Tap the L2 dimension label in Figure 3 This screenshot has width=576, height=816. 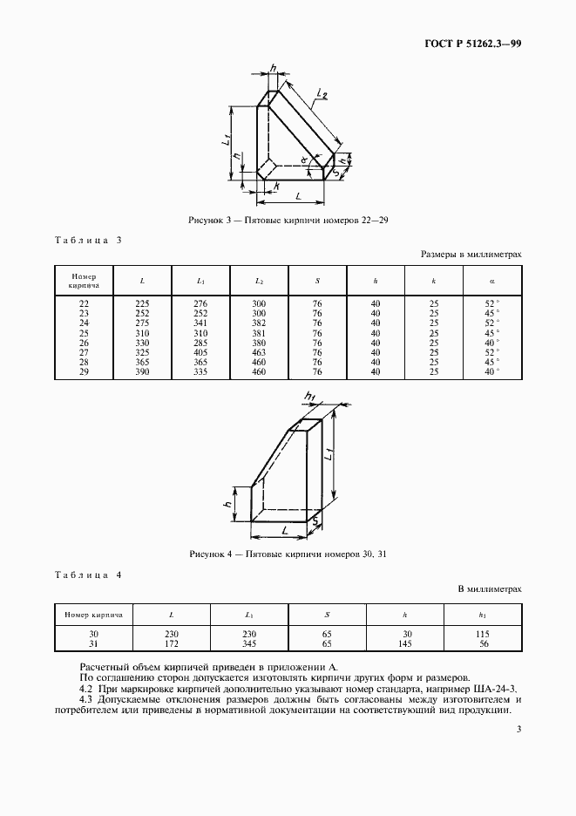click(x=322, y=93)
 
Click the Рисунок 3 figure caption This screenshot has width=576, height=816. click(x=288, y=221)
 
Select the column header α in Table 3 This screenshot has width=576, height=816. click(x=492, y=280)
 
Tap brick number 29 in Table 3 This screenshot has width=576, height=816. click(x=84, y=372)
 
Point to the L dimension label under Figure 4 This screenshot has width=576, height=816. click(x=283, y=529)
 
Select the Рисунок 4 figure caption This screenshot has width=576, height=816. click(x=288, y=554)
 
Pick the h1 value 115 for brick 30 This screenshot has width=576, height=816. click(x=483, y=634)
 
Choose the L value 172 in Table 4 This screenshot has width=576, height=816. click(x=172, y=644)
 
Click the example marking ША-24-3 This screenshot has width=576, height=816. click(x=495, y=688)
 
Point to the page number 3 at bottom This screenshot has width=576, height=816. click(x=518, y=731)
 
